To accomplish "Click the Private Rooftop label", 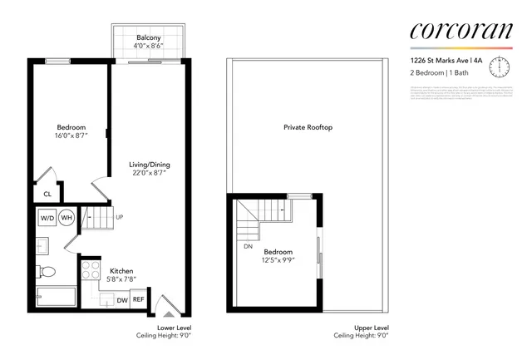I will (308, 127).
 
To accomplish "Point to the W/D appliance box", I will (47, 219).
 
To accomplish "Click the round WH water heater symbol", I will (66, 219).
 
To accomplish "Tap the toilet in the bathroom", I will (47, 270).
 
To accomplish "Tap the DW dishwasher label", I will (121, 300).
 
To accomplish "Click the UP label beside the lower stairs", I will (120, 218).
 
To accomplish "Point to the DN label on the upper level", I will (248, 246).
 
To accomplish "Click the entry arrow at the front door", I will (167, 314).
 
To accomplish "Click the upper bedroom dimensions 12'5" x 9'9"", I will (279, 259).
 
